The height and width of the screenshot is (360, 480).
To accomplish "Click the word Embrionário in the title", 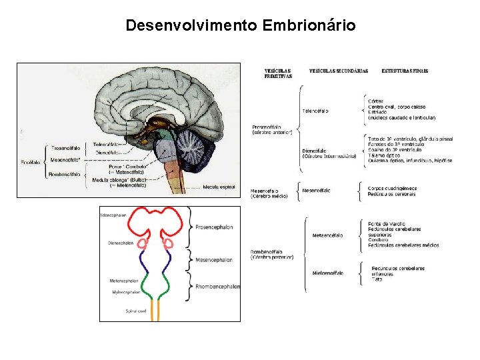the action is click(x=309, y=26).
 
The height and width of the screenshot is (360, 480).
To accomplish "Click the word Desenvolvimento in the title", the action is click(x=192, y=26).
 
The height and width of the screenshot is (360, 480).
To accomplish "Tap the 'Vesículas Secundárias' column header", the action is click(x=339, y=71).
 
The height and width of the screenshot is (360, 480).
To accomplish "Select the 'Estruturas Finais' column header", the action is click(x=405, y=71).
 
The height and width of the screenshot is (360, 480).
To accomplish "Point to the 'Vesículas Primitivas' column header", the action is click(x=278, y=73).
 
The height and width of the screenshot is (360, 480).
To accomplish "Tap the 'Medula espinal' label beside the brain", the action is click(x=219, y=187).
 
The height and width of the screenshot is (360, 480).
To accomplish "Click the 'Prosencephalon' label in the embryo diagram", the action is click(x=214, y=227).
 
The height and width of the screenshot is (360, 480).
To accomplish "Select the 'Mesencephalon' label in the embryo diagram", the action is click(x=213, y=259).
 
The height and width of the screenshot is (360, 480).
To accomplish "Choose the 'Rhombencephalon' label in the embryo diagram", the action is click(x=217, y=286).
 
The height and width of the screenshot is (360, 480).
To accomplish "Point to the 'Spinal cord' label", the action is click(x=136, y=311).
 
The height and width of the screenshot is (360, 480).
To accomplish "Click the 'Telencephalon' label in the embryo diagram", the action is click(x=113, y=215).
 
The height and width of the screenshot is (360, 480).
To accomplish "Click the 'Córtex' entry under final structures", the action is click(x=375, y=101).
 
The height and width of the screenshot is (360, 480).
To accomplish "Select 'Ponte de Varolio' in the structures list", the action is click(x=386, y=223).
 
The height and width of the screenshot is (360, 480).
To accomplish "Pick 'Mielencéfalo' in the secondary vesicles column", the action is click(x=327, y=272).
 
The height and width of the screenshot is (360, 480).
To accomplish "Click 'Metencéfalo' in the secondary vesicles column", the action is click(x=327, y=235).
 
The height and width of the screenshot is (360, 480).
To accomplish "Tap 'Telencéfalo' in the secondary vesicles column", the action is click(x=315, y=111).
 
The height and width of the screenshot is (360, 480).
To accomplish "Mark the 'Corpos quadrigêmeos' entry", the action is click(x=392, y=188).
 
